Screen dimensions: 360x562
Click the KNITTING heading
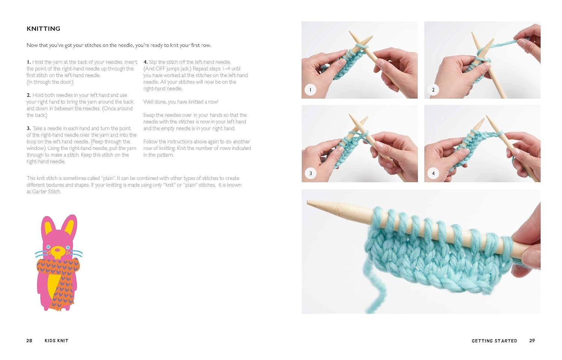[43, 28]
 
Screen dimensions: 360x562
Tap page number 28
[29, 340]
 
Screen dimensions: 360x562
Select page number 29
[532, 340]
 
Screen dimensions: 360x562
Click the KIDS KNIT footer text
[56, 340]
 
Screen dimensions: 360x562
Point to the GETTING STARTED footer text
[494, 341]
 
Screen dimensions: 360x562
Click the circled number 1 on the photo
[310, 90]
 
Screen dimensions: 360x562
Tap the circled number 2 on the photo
[433, 90]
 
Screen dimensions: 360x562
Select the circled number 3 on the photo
[310, 173]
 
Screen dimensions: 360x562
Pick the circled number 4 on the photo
[433, 173]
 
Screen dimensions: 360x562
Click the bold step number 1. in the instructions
[28, 62]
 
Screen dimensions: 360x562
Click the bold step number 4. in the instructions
[145, 62]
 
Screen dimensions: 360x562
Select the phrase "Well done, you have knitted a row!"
[181, 102]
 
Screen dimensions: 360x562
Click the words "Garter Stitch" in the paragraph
[43, 192]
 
